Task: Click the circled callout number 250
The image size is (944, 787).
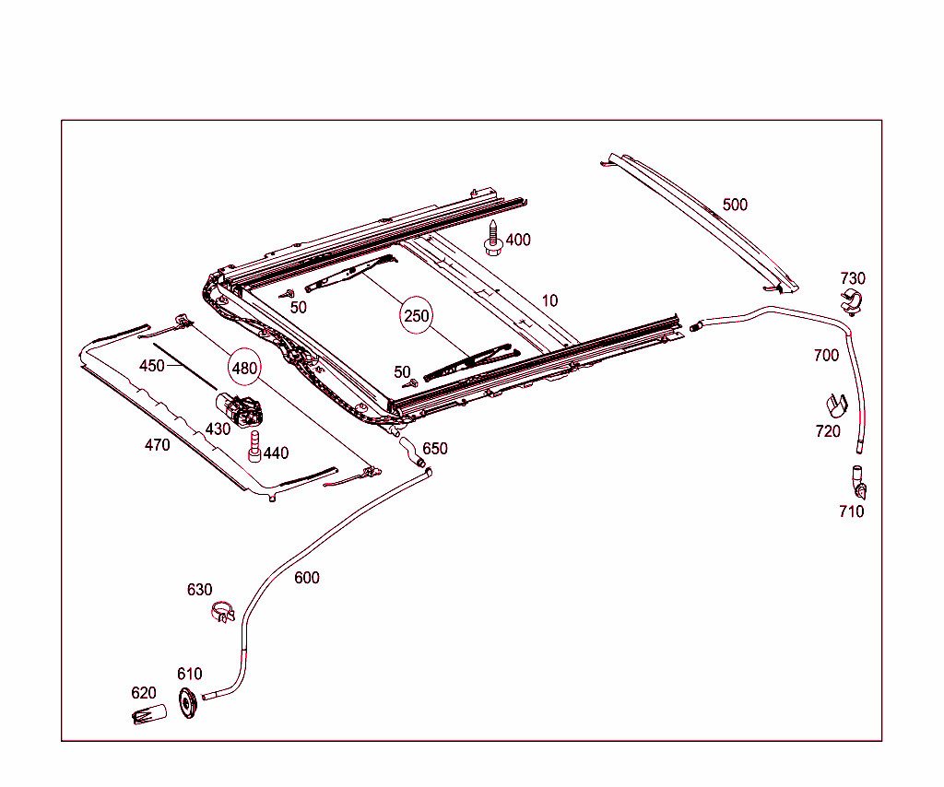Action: [x=417, y=316]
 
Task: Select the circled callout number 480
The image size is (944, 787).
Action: [x=244, y=368]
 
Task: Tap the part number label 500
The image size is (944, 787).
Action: [x=735, y=205]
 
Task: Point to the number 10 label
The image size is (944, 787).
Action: [x=549, y=300]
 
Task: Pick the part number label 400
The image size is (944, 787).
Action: [x=518, y=240]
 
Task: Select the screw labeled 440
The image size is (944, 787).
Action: [x=254, y=447]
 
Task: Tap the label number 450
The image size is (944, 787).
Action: [x=151, y=366]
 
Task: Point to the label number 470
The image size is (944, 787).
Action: [x=157, y=445]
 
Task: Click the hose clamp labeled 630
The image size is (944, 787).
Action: [x=223, y=611]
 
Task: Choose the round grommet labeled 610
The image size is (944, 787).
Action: [x=189, y=703]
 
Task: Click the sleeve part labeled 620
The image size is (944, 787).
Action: [x=148, y=714]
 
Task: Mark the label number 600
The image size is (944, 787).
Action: [x=307, y=578]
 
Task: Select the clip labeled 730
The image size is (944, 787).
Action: [x=852, y=301]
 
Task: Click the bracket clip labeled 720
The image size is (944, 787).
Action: [x=832, y=405]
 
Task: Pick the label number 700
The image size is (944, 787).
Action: [x=826, y=355]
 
